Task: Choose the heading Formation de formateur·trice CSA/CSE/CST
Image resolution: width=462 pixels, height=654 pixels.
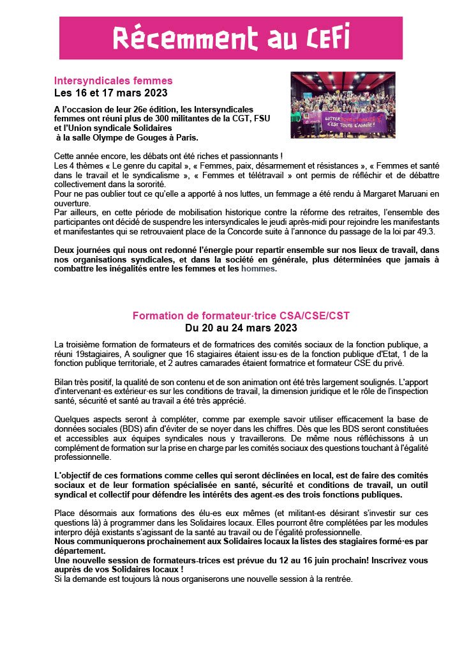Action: point(241,316)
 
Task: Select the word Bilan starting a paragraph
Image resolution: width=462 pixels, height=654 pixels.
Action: point(65,381)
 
